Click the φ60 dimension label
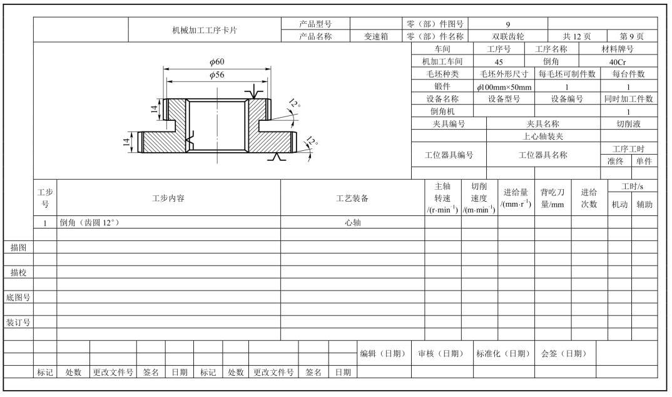[217, 61]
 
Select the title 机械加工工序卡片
[208, 29]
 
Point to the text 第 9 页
[631, 36]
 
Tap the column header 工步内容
[169, 198]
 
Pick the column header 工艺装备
[352, 198]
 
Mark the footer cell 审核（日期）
[442, 353]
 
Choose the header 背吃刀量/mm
[552, 198]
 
